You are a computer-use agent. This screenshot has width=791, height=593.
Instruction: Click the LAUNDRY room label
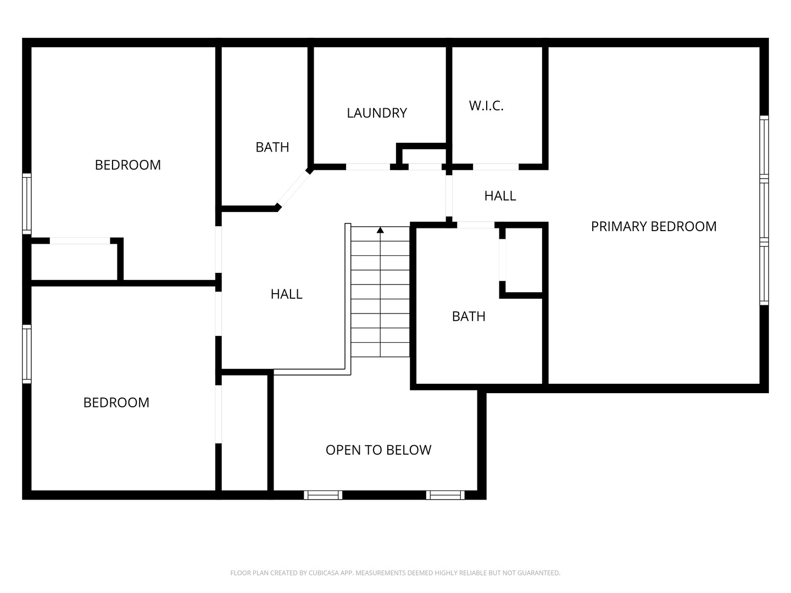(377, 113)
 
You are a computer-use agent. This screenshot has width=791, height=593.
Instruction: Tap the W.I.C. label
(486, 106)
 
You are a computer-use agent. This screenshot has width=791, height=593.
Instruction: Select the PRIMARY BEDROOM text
(653, 226)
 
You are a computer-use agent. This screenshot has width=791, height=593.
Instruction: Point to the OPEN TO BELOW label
(378, 450)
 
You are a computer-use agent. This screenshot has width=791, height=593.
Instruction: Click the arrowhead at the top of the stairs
(380, 230)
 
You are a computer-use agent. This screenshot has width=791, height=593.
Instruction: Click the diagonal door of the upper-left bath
(293, 188)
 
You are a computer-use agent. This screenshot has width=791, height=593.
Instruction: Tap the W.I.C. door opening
(496, 167)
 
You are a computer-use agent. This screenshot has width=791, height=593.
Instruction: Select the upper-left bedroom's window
(27, 204)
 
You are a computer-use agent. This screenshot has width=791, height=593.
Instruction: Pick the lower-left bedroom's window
(27, 354)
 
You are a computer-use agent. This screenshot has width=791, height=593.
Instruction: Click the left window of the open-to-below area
(323, 495)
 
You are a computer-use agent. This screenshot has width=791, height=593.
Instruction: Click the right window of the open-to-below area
(445, 495)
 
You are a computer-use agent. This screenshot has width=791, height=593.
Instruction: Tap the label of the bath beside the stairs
(469, 316)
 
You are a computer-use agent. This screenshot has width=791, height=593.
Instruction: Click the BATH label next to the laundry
(272, 147)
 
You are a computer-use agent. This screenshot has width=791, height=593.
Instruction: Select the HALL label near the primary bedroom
(500, 196)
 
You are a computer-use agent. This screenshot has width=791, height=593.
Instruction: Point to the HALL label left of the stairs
(286, 294)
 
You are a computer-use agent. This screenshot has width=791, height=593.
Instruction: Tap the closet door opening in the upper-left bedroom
(80, 241)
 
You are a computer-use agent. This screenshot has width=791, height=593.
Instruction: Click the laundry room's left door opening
(368, 167)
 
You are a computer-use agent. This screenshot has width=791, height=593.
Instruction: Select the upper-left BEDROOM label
(127, 165)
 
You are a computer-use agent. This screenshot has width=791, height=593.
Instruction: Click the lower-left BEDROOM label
(116, 402)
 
